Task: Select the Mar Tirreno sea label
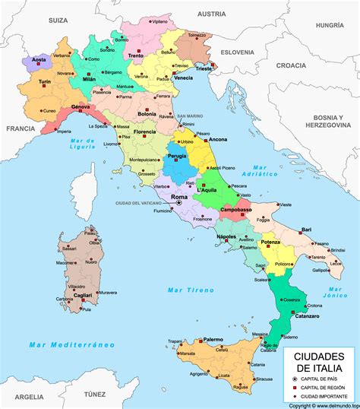188,290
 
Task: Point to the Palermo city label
213,339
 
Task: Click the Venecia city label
183,78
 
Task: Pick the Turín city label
45,81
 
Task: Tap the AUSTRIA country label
212,14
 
